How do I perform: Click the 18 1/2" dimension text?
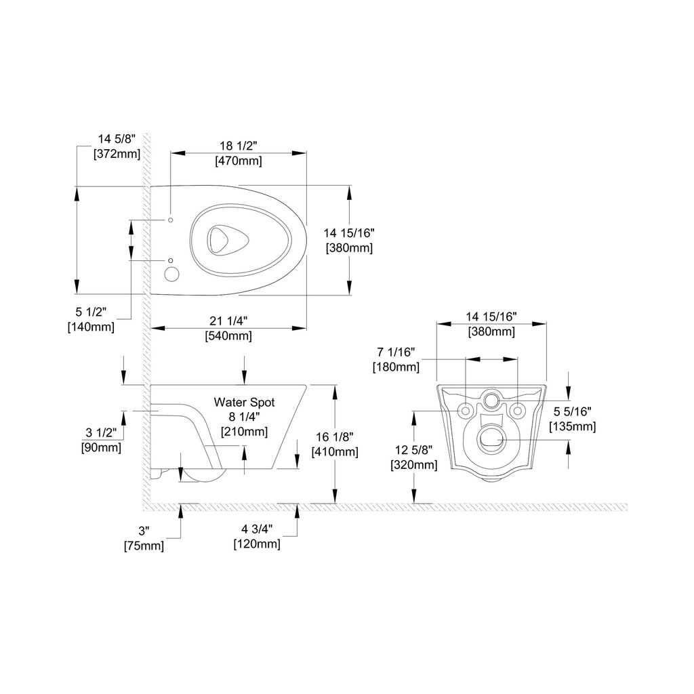point(238,146)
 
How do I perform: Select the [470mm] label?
point(238,161)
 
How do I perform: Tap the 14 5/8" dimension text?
point(117,139)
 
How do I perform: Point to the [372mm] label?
point(117,154)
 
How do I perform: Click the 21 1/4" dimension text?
point(228,321)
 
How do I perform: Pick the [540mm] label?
point(228,336)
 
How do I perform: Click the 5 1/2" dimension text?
point(91,312)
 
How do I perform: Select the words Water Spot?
point(244,403)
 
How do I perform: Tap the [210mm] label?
point(244,432)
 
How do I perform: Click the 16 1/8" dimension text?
point(335,437)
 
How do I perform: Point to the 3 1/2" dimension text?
point(101,432)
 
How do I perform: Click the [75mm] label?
point(144,546)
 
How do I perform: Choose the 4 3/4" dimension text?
point(257,529)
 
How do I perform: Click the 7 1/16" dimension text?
point(396,352)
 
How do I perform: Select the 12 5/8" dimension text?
point(414,450)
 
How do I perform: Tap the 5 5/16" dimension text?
point(572,411)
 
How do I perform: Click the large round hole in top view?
point(171,274)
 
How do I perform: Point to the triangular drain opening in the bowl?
point(228,241)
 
